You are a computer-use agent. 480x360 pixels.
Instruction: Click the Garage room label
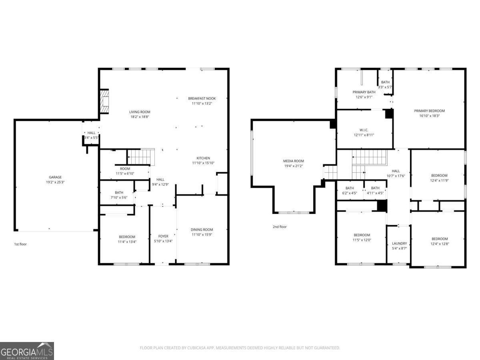[55, 177]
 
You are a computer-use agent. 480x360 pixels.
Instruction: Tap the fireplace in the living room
[104, 101]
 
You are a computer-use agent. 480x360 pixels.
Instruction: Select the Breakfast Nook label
[202, 98]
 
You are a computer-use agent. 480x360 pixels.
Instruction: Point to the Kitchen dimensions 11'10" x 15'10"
[203, 163]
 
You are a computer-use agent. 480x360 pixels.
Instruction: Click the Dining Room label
[202, 230]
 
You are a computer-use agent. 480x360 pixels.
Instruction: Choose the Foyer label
[163, 236]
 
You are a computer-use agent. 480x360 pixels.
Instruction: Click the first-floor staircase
[141, 156]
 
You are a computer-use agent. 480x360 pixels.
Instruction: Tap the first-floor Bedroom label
[127, 237]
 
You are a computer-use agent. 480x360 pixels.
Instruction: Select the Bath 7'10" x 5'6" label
[119, 192]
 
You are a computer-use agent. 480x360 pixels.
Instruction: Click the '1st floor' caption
[20, 244]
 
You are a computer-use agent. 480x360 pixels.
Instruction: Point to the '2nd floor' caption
[280, 227]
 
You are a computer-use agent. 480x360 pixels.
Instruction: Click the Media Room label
[294, 161]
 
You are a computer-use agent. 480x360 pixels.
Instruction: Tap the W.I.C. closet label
[364, 130]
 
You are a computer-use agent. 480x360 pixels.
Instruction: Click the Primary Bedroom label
[429, 111]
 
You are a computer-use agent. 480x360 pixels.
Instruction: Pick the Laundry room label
[399, 244]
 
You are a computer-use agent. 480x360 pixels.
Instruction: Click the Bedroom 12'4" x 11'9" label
[439, 176]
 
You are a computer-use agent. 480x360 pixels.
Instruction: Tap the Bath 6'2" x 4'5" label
[350, 188]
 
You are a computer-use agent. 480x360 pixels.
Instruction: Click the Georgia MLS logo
[27, 351]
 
